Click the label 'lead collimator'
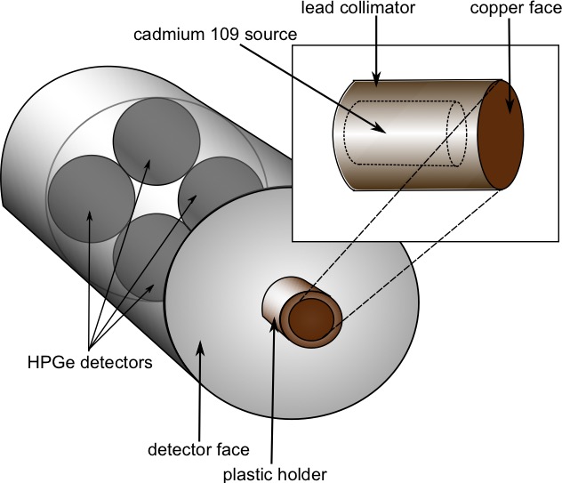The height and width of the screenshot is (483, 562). point(374,12)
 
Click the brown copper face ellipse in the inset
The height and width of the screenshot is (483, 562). point(500,134)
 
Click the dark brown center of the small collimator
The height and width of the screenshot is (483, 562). point(310,318)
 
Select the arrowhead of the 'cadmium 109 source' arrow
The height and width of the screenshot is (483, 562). point(383,131)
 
